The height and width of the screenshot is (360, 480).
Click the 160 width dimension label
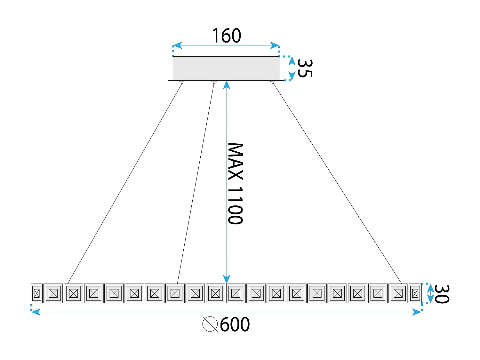pos(226,36)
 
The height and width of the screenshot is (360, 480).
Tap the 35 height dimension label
pos(304,68)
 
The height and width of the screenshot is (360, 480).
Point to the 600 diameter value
pos(235,324)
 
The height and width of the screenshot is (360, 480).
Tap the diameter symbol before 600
pos(210,324)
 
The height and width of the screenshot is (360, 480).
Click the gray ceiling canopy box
pos(226,68)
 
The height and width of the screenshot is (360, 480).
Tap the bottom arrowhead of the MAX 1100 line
pos(227,279)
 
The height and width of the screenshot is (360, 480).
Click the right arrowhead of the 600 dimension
pos(417,312)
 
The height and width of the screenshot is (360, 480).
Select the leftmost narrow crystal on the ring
pos(36,293)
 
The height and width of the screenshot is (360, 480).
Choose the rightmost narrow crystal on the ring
pos(415,293)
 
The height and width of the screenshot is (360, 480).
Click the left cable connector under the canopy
pos(182,82)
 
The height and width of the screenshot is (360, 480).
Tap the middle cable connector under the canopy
pos(214,82)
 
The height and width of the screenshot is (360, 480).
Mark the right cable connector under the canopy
pos(273,82)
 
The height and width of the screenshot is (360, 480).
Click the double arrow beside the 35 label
pos(292,68)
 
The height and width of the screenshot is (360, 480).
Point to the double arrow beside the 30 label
pos(430,293)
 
